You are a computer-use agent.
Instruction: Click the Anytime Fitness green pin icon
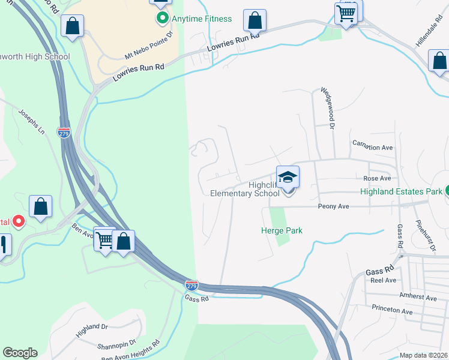pyautogui.click(x=161, y=19)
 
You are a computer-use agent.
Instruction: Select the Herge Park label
pyautogui.click(x=282, y=230)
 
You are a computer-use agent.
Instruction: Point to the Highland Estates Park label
pyautogui.click(x=401, y=192)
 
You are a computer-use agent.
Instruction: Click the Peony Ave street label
pyautogui.click(x=333, y=206)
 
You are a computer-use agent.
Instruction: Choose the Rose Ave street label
pyautogui.click(x=377, y=179)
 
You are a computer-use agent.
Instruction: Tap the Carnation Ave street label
pyautogui.click(x=372, y=147)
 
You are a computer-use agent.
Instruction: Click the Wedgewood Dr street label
pyautogui.click(x=328, y=107)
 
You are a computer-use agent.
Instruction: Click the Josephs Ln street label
pyautogui.click(x=32, y=121)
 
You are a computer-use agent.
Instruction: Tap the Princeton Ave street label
pyautogui.click(x=391, y=312)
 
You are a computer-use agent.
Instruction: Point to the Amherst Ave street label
pyautogui.click(x=418, y=297)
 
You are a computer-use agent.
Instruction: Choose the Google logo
pyautogui.click(x=20, y=353)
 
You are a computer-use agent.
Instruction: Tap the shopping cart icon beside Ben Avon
pyautogui.click(x=104, y=240)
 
